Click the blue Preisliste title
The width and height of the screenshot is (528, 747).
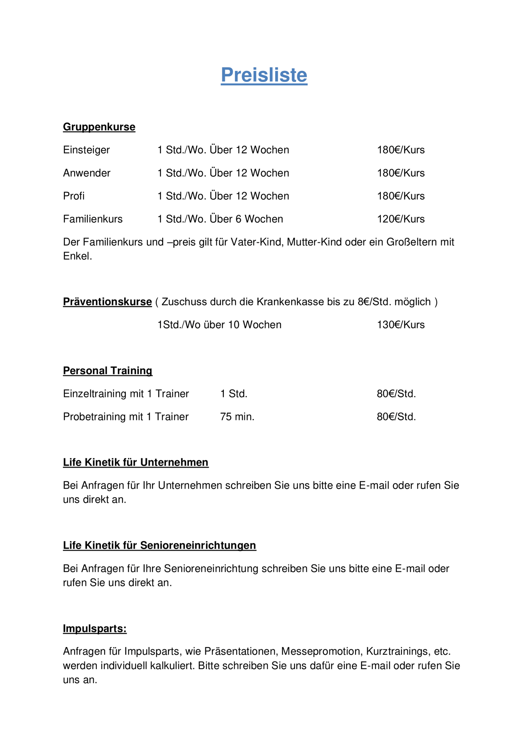[x=264, y=75]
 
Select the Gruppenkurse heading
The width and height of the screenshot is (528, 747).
[x=99, y=127]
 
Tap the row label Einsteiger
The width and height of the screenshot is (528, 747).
[x=86, y=150]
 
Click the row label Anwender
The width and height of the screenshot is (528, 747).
[x=86, y=173]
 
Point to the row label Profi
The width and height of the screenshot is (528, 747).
[x=74, y=196]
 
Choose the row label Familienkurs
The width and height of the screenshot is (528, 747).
[x=93, y=219]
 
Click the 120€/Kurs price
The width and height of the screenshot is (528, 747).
[x=400, y=219]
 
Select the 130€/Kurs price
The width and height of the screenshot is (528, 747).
[x=400, y=324]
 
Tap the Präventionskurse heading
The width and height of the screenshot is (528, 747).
[x=107, y=302]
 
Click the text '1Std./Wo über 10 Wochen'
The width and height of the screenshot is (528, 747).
[x=219, y=324]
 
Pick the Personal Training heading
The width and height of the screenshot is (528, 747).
[x=107, y=370]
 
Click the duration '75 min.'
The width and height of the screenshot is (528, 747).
[x=237, y=417]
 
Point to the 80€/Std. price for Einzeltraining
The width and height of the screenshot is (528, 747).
[x=396, y=394]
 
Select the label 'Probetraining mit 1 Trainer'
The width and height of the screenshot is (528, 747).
[x=126, y=417]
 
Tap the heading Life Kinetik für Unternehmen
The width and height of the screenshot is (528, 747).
[x=135, y=462]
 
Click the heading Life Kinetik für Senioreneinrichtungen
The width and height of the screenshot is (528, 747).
[x=159, y=545]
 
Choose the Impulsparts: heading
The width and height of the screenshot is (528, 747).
[x=95, y=629]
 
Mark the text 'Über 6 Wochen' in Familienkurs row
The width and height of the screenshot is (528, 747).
[x=246, y=219]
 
